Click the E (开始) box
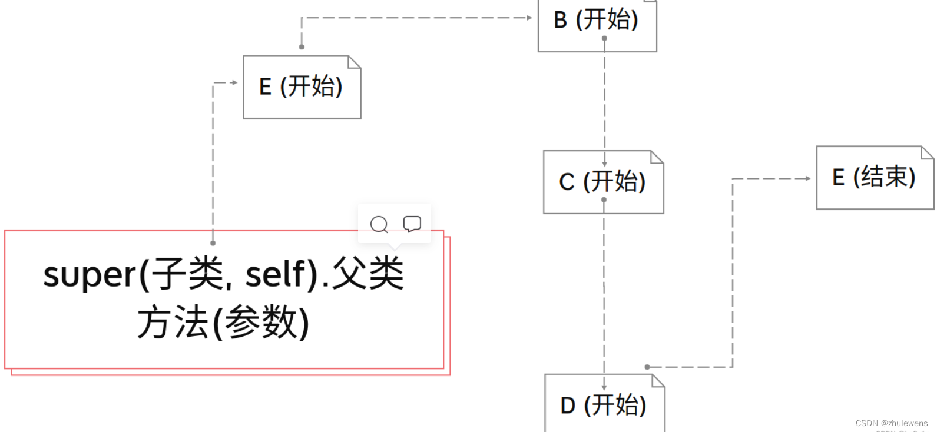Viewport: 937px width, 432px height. coord(302,87)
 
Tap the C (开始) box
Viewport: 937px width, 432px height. coord(603,182)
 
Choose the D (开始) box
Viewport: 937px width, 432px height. coord(604,405)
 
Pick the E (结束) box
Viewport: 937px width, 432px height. coord(875,178)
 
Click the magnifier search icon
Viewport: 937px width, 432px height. coord(379,224)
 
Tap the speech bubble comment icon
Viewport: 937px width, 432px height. coord(412,224)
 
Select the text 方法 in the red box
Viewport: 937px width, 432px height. coord(172,323)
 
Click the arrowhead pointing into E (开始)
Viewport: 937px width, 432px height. coord(234,82)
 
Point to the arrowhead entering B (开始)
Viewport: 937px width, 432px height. coord(529,18)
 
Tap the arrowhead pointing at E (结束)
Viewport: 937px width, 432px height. coord(808,178)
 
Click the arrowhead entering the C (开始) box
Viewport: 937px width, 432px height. coord(604,164)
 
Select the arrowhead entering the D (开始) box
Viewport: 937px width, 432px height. coord(604,387)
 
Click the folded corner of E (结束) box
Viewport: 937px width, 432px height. coord(927,152)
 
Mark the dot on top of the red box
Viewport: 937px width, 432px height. coord(213,243)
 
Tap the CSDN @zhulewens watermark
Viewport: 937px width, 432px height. coord(891,423)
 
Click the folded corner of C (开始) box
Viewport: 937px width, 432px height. coord(657,157)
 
